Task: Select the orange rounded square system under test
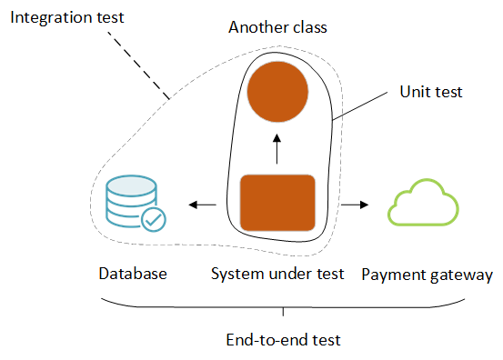(277, 203)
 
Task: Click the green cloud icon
(421, 203)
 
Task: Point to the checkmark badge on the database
(153, 218)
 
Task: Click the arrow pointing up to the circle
(278, 147)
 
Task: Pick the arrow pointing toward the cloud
(354, 205)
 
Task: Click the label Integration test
(65, 17)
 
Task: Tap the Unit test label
(431, 91)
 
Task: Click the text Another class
(277, 27)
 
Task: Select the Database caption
(133, 274)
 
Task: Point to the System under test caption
(277, 274)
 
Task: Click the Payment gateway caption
(428, 274)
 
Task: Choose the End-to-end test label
(283, 341)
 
